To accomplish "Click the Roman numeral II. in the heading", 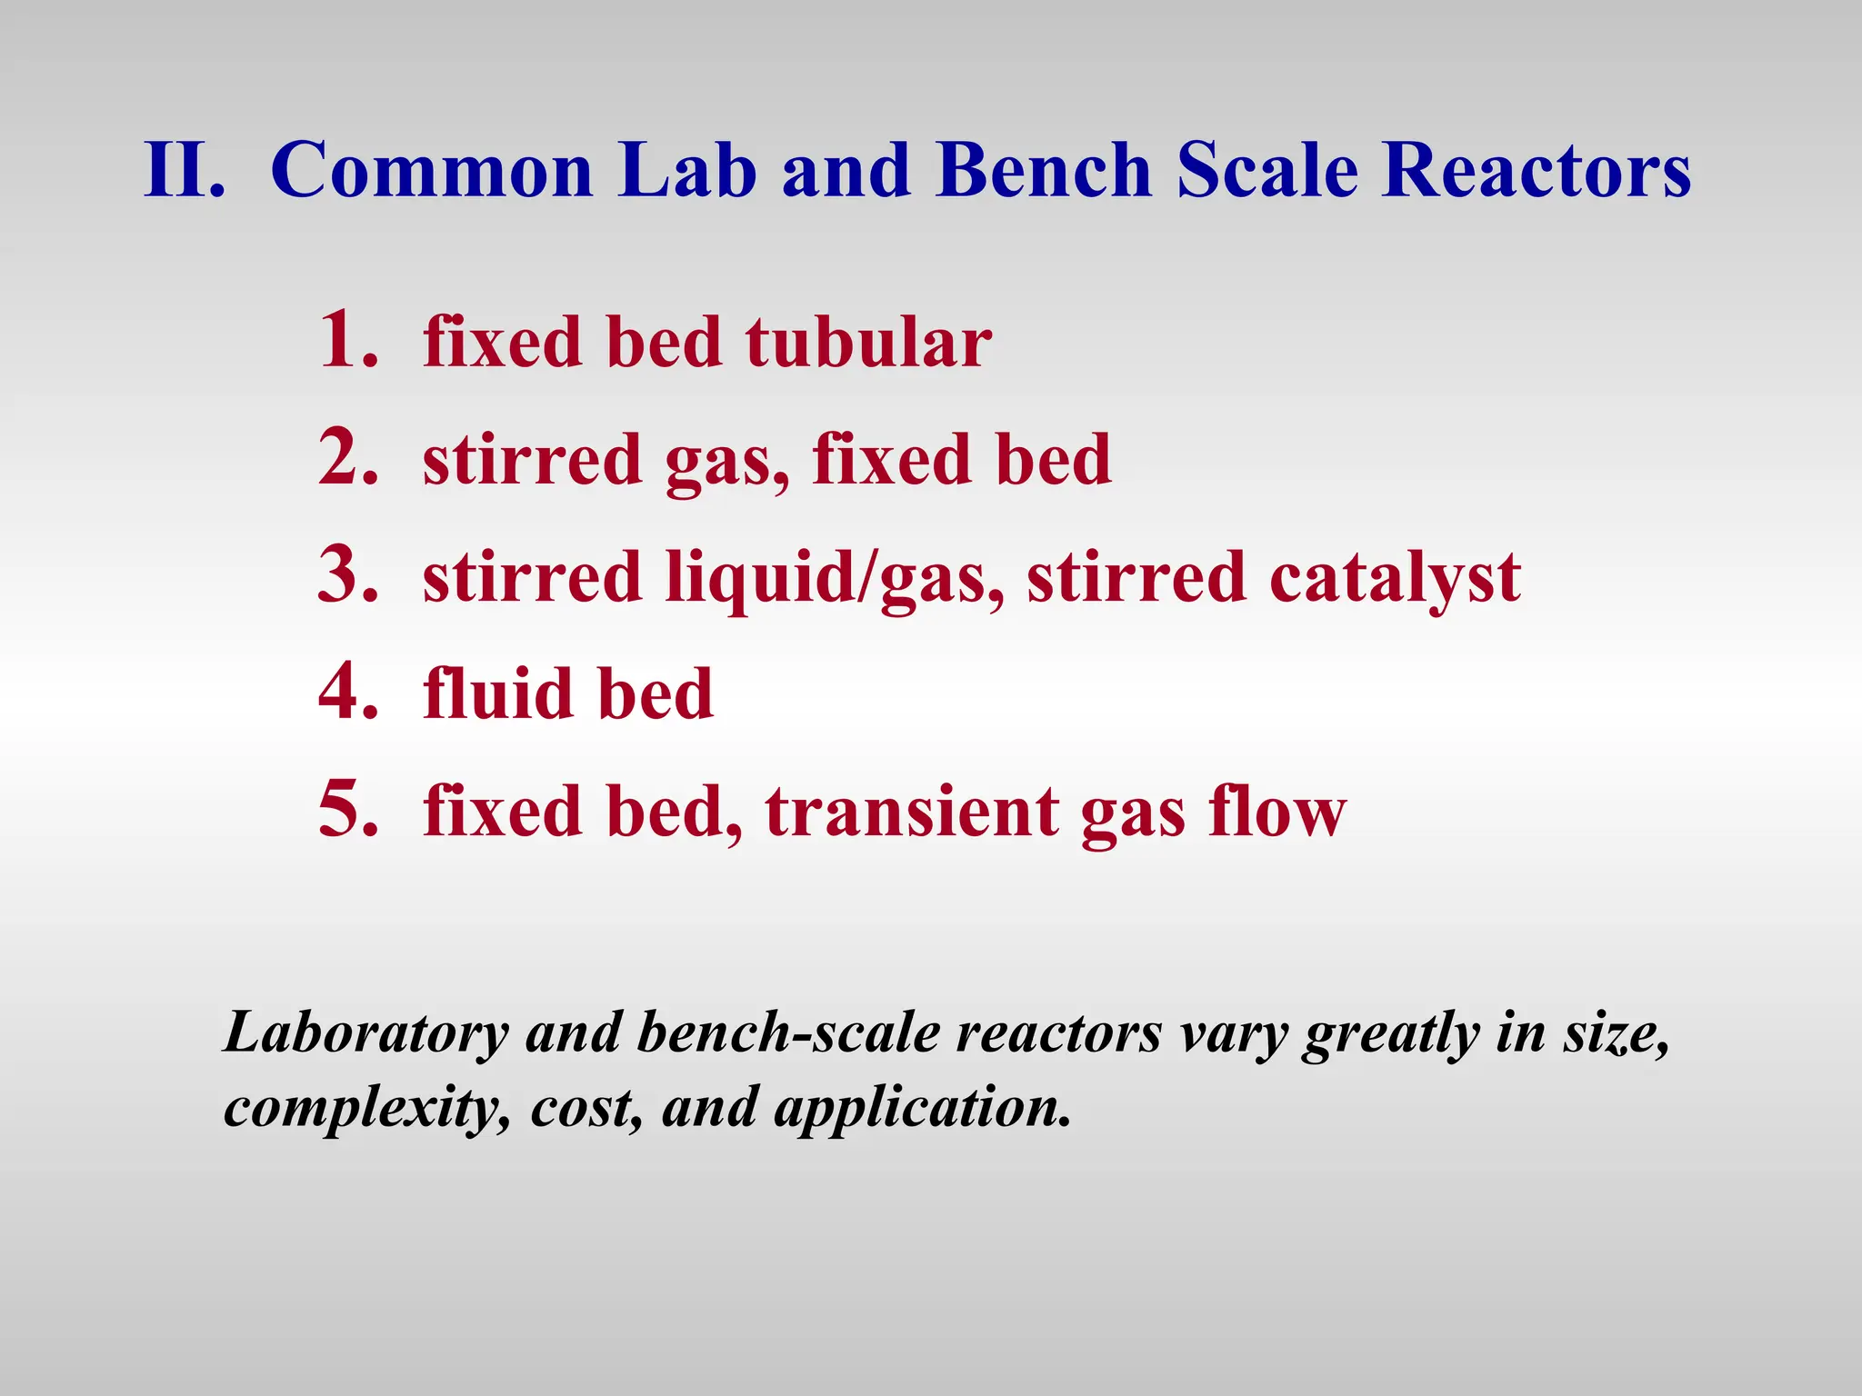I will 184,170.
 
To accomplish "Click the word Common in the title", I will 431,170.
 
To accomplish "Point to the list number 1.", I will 346,340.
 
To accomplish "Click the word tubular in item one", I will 868,343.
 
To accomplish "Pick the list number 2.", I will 346,458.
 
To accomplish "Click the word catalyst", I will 1395,580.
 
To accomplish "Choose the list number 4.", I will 346,693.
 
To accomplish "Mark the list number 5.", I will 346,810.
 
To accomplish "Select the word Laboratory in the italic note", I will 365,1034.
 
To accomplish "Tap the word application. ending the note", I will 922,1110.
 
